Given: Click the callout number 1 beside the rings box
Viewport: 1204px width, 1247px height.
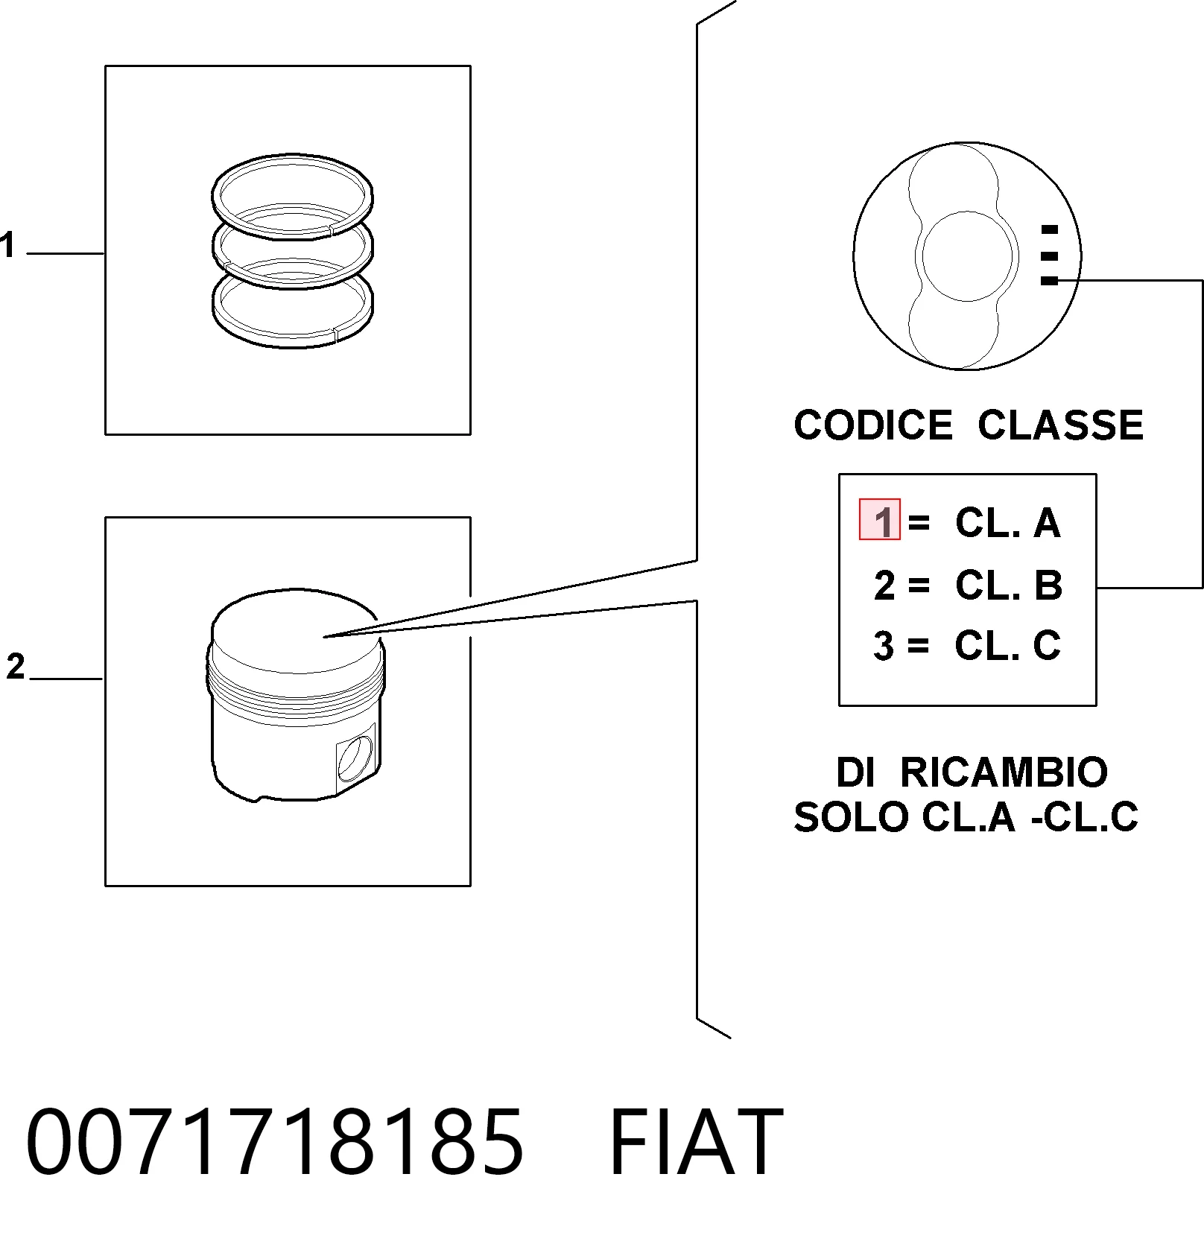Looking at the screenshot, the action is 7,245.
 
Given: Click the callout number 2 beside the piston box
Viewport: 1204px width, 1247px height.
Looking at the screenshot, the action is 16,666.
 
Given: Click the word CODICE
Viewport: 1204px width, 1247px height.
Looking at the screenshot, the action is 873,425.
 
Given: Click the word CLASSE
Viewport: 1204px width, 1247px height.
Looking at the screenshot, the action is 1060,425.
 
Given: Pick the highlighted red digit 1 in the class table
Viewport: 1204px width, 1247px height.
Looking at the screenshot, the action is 881,520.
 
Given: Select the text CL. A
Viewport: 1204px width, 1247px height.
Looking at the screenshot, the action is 1007,523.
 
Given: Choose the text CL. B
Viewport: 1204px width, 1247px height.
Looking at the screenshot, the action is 1009,586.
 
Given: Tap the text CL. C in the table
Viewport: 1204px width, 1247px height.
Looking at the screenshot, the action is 1008,645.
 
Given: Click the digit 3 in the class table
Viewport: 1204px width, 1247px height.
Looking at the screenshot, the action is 884,646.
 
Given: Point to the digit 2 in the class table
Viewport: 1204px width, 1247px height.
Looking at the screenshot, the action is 884,586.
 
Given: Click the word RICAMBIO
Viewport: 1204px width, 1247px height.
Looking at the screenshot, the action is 1004,772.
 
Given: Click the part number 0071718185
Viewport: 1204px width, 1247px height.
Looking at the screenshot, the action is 275,1140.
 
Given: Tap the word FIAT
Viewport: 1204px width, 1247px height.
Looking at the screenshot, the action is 697,1140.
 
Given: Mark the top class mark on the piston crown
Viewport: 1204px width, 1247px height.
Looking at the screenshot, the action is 1049,229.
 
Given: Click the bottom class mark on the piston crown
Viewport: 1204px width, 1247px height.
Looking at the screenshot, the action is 1049,281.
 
